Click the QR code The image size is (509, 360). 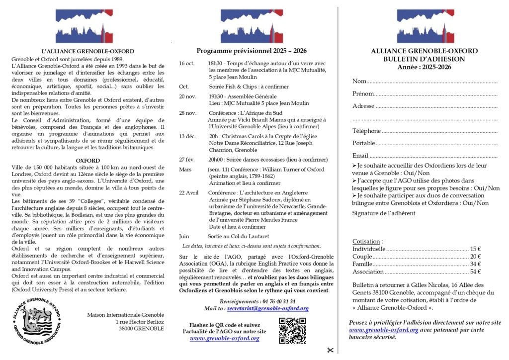(x=292, y=331)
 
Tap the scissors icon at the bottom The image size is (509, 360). (x=329, y=350)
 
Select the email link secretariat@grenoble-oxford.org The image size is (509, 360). (x=268, y=308)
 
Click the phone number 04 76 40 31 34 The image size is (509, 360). (x=278, y=301)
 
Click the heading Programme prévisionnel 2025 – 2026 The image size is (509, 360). (x=252, y=51)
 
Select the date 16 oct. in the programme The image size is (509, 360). (x=186, y=63)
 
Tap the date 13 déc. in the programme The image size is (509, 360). (x=187, y=136)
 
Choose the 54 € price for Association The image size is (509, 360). (x=475, y=271)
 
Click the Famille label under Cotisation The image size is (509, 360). (x=362, y=264)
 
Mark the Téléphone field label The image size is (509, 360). (x=366, y=131)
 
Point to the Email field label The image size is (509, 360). (x=360, y=156)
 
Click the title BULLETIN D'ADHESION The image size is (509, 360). (x=424, y=59)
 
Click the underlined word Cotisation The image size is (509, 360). (x=367, y=241)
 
